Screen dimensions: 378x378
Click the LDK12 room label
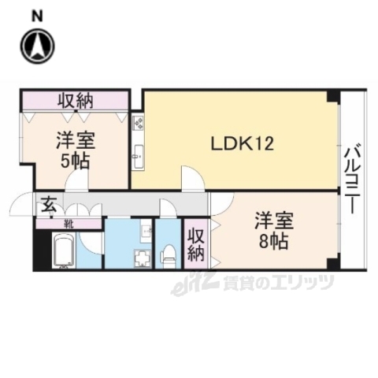pyautogui.click(x=241, y=144)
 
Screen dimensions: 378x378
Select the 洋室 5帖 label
pyautogui.click(x=76, y=150)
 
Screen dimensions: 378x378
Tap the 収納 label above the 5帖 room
pyautogui.click(x=76, y=100)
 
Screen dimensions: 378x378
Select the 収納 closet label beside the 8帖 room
pyautogui.click(x=195, y=243)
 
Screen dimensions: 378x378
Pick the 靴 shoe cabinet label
pyautogui.click(x=69, y=223)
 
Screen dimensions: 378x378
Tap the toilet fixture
pyautogui.click(x=167, y=253)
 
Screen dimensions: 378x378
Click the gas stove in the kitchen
pyautogui.click(x=138, y=123)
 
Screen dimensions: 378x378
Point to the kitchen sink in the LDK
pyautogui.click(x=138, y=154)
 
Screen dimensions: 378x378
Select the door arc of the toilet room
pyautogui.click(x=168, y=208)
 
